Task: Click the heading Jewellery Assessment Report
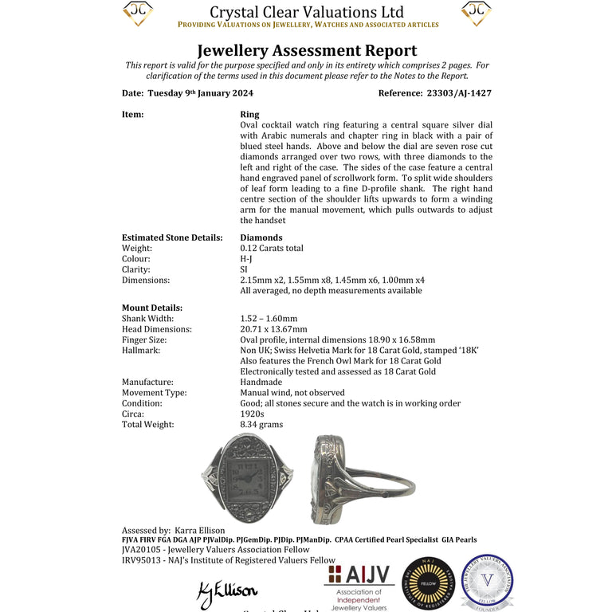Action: pos(307,51)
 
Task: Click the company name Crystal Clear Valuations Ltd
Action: pos(307,12)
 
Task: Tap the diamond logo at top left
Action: pos(138,13)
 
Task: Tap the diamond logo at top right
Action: pos(477,13)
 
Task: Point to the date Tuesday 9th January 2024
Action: pos(208,93)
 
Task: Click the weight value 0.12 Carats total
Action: pos(272,249)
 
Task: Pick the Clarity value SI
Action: pos(244,270)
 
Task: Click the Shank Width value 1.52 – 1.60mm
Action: pos(269,319)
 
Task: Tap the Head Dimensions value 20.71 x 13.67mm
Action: pos(273,329)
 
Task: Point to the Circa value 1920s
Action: pos(252,414)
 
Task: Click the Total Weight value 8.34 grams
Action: pos(261,425)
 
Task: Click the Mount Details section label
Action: pos(152,308)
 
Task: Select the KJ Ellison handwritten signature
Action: pos(227,590)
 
